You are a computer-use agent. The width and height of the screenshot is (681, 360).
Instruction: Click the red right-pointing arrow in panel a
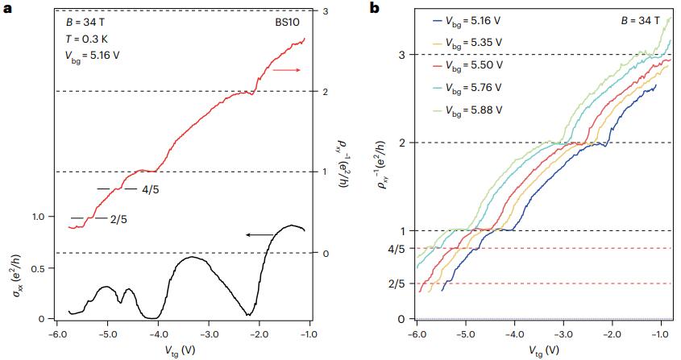[x=286, y=71]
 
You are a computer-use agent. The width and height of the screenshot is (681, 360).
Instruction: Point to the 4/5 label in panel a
[x=151, y=189]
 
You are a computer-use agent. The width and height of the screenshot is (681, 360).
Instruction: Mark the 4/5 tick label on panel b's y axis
[x=397, y=248]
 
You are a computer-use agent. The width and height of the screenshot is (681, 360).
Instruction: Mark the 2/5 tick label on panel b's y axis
[x=397, y=283]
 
